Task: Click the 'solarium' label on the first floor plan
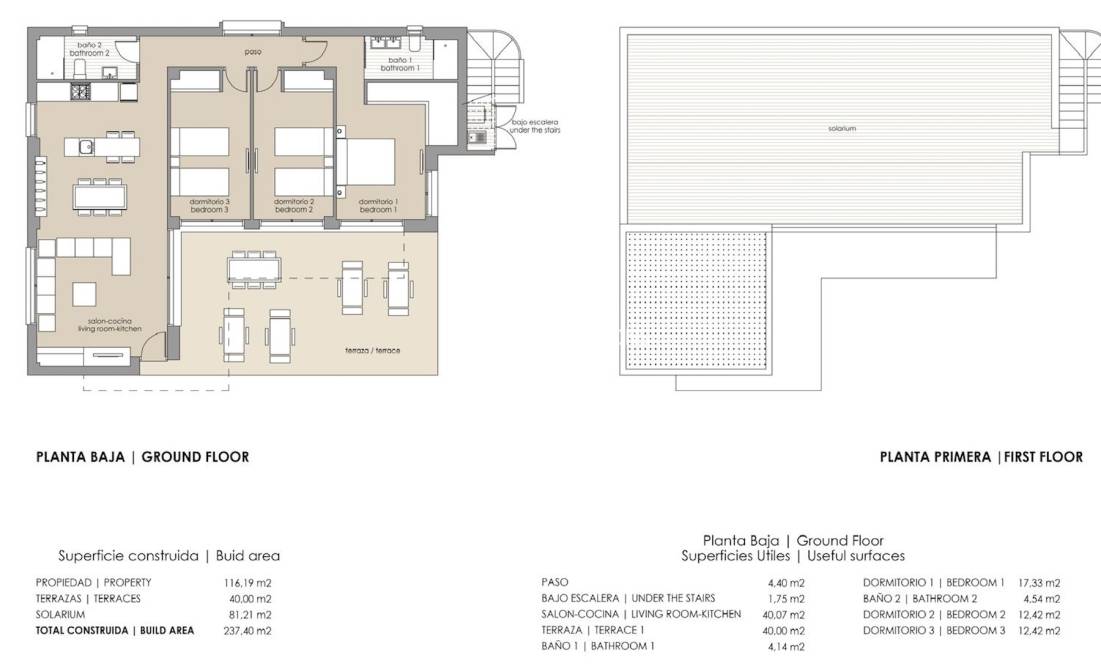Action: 842,128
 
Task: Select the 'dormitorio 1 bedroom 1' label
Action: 377,207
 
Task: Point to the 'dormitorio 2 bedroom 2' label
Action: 294,207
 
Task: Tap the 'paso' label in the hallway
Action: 253,50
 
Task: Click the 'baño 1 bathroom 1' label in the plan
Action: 399,64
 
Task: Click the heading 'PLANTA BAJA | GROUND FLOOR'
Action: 142,457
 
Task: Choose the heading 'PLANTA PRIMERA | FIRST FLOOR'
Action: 981,457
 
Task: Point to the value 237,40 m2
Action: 247,631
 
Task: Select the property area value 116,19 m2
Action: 247,582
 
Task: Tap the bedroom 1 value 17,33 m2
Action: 1038,582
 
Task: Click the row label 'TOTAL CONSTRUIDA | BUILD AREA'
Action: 115,631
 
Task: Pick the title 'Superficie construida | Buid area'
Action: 169,556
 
